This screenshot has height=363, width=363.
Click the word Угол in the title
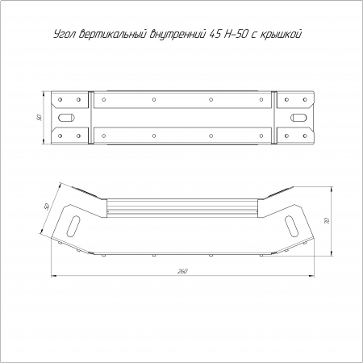tap(65, 34)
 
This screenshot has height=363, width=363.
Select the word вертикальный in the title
tap(113, 34)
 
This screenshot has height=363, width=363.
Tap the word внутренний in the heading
tap(177, 35)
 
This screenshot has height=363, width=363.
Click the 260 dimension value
tap(182, 271)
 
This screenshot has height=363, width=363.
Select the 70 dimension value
tap(327, 221)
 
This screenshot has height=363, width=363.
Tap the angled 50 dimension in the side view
tap(47, 207)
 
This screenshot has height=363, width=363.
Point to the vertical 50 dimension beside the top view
tap(40, 118)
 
